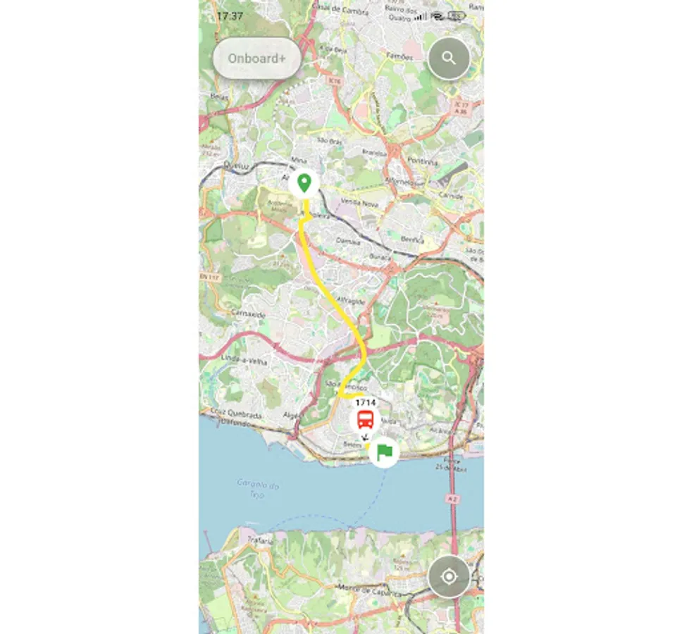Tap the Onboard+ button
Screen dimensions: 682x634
pyautogui.click(x=256, y=58)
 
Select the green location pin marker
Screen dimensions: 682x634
pyautogui.click(x=304, y=183)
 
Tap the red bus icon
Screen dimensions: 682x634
pyautogui.click(x=365, y=421)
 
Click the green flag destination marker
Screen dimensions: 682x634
pyautogui.click(x=384, y=451)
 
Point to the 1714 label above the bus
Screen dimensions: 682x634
pyautogui.click(x=365, y=402)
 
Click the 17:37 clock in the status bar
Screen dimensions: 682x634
pyautogui.click(x=230, y=15)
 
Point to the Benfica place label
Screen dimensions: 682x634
pyautogui.click(x=412, y=240)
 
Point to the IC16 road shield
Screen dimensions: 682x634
pyautogui.click(x=335, y=82)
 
